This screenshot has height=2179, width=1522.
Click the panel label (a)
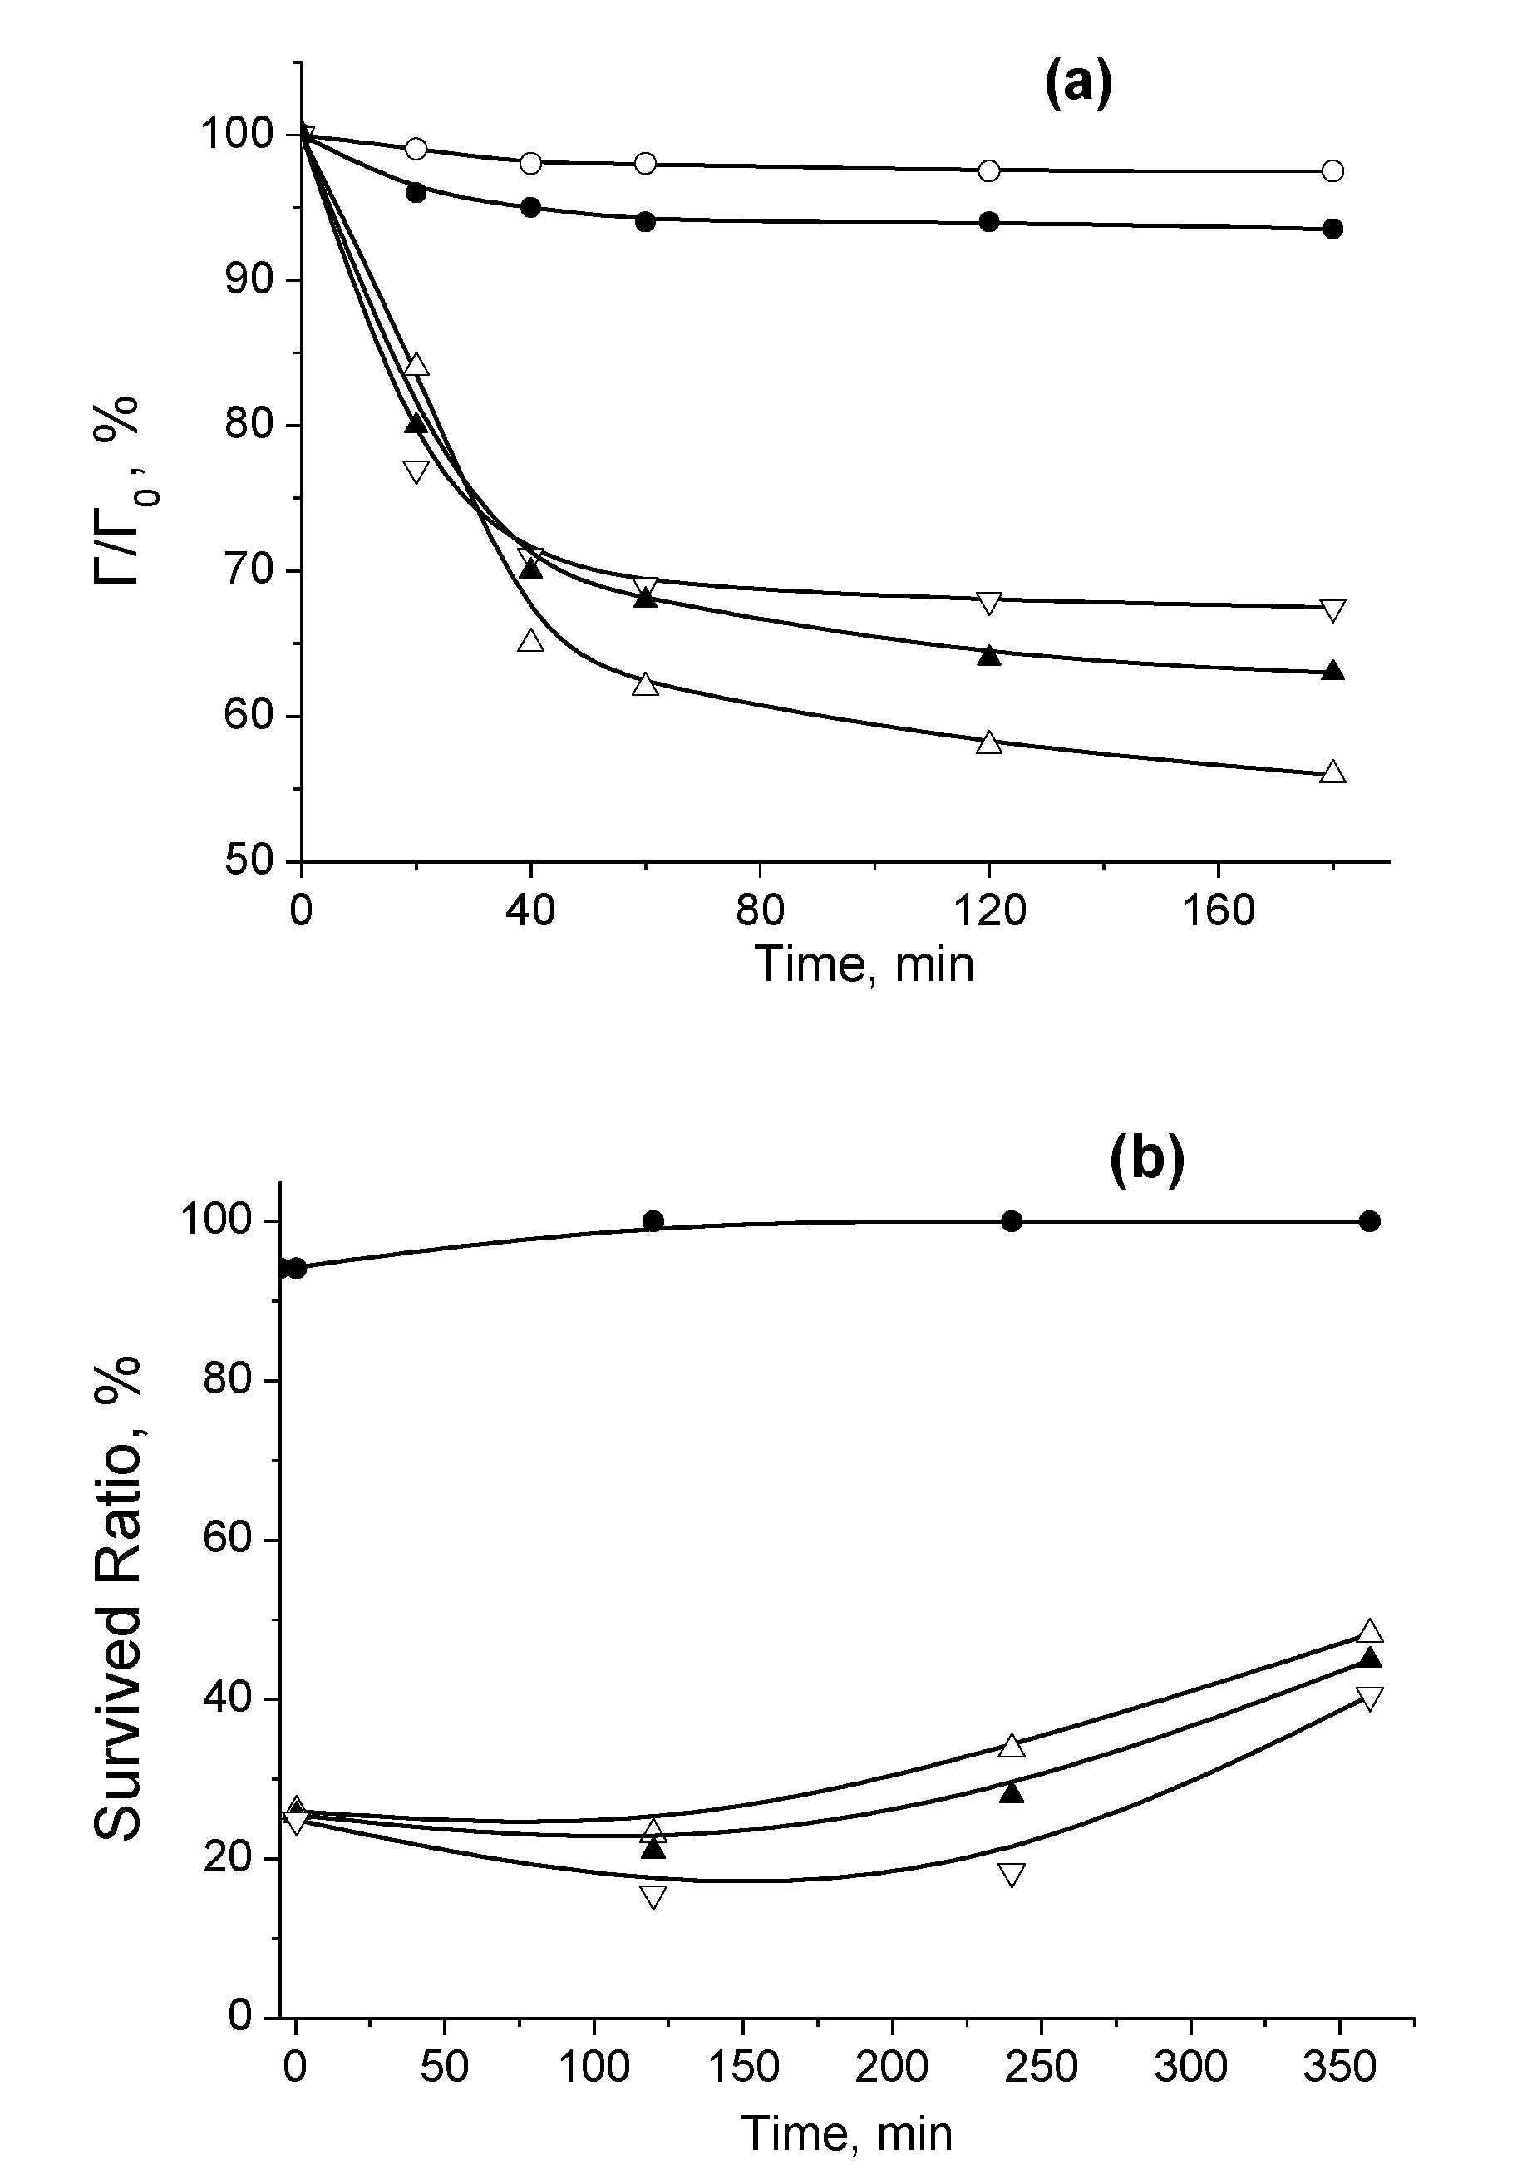(x=1077, y=86)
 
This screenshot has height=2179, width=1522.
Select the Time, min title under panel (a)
(x=864, y=965)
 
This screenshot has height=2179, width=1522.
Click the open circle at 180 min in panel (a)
(x=1332, y=170)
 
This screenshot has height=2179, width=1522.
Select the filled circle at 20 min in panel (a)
(x=416, y=193)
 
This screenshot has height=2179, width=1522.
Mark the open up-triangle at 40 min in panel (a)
(x=531, y=641)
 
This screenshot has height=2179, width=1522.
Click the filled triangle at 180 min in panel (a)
(x=1332, y=671)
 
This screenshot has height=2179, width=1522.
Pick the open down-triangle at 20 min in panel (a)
(x=416, y=471)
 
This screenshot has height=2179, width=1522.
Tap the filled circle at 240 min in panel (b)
(x=1012, y=1221)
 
